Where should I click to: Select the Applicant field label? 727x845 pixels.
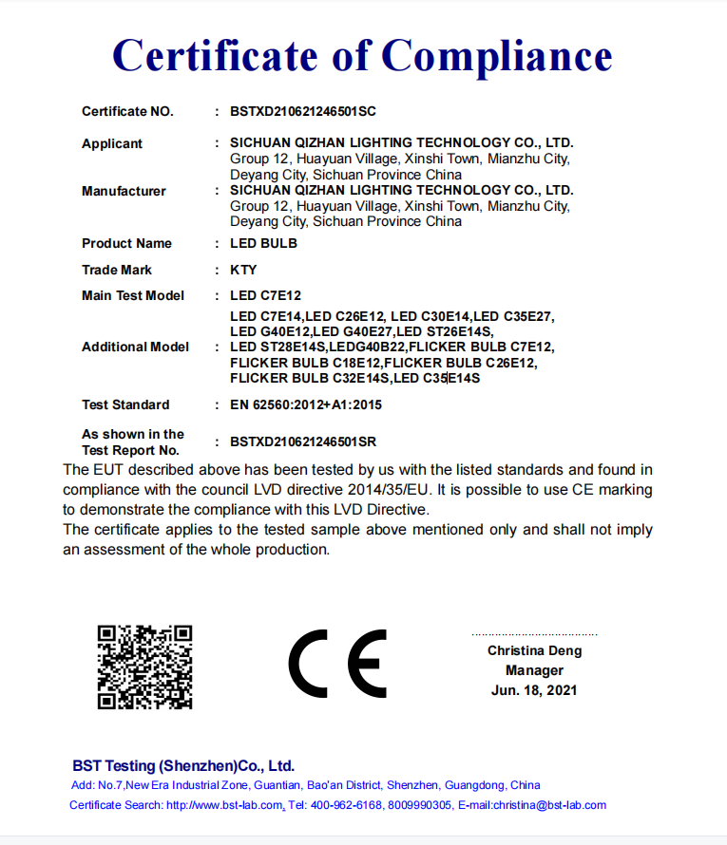point(112,143)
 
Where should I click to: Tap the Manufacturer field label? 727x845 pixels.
point(124,191)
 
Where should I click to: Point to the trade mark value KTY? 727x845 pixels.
point(243,270)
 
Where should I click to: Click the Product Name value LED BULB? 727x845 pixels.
point(263,243)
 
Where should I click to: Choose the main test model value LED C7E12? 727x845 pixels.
point(265,295)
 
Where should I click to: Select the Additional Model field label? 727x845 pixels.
point(135,347)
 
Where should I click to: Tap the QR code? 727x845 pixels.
point(145,667)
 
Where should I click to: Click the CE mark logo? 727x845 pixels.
point(337,663)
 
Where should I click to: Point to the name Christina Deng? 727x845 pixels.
point(534,650)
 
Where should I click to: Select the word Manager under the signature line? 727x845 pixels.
point(534,670)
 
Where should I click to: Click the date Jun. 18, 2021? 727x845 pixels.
point(534,690)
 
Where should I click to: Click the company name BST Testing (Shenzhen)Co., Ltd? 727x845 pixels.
point(183,765)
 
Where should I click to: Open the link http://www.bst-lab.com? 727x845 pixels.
point(224,805)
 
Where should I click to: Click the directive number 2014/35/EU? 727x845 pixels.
point(396,490)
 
